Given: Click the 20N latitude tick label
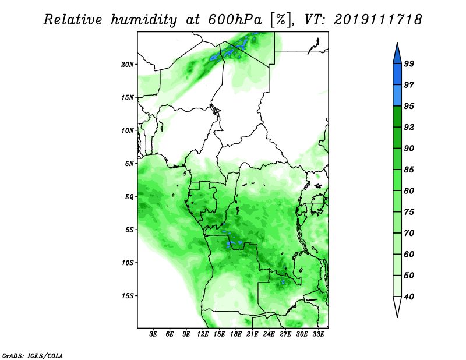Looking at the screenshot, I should [128, 64].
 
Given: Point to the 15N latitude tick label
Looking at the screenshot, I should [128, 97].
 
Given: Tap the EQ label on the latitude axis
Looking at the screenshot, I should [129, 196].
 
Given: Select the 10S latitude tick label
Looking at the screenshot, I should [128, 263].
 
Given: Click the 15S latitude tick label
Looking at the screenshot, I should [128, 296].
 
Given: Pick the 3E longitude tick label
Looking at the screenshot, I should [153, 334].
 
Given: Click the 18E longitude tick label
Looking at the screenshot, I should [236, 334].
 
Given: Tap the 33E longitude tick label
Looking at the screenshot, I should [319, 334].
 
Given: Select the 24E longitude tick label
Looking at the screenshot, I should [269, 334].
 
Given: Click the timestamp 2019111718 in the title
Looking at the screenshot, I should [377, 20].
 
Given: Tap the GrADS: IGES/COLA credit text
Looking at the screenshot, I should [32, 354].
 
